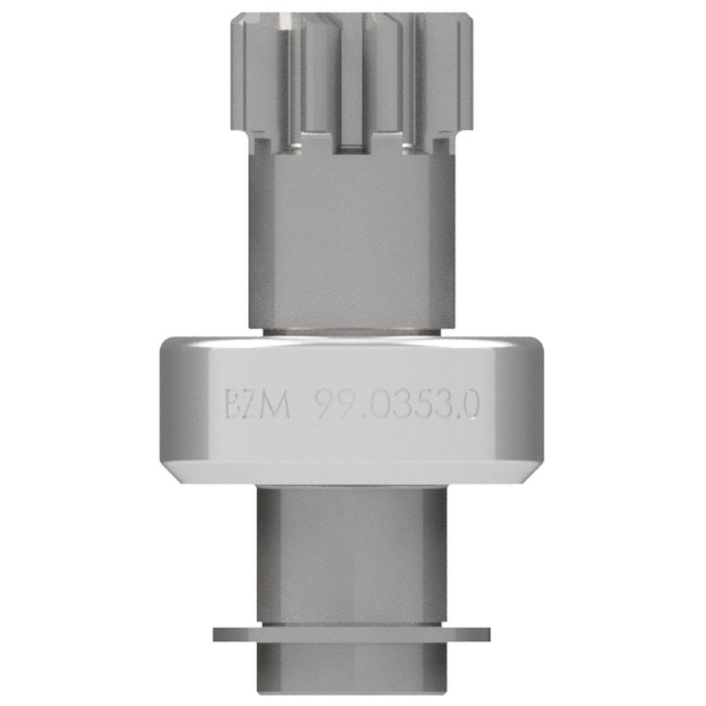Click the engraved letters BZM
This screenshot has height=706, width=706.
tap(258, 405)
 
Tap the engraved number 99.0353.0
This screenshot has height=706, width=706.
tap(397, 405)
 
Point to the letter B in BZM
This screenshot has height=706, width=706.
tap(234, 405)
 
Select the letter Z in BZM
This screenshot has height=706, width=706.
tap(254, 405)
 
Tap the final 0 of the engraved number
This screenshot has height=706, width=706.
tap(470, 405)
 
